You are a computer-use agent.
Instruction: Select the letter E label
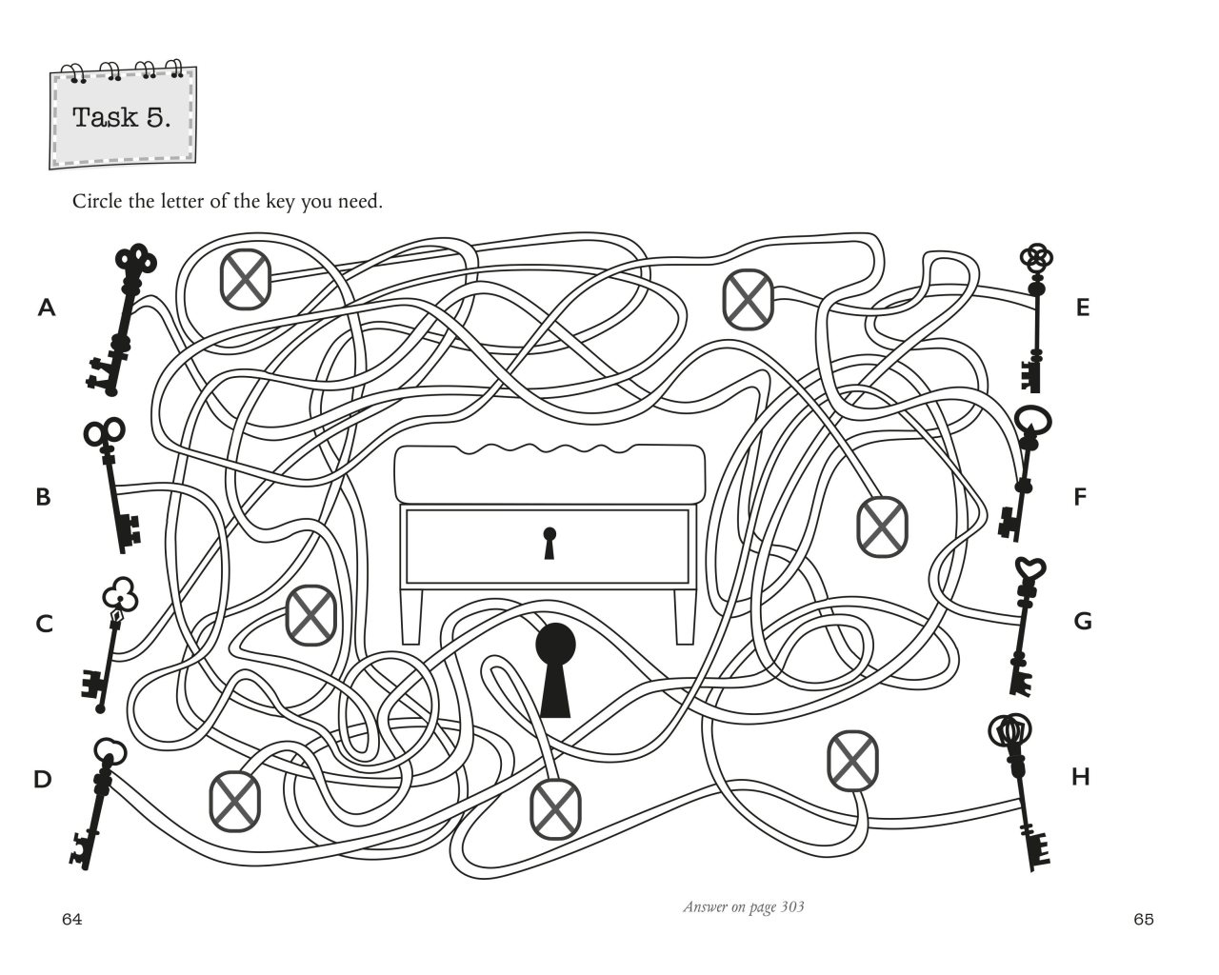(x=1082, y=308)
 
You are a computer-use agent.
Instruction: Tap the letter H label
(x=1080, y=777)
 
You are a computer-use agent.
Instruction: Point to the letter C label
(x=44, y=624)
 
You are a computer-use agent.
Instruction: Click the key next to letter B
(x=113, y=486)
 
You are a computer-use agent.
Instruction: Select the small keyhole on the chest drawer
(x=549, y=544)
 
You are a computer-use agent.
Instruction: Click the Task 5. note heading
(x=122, y=118)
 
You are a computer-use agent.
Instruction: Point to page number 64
(x=71, y=919)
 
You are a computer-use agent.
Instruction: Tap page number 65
(x=1144, y=919)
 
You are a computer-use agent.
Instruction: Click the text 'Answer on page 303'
(x=743, y=906)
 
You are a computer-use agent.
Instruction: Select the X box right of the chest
(x=882, y=526)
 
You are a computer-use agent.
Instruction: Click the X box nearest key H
(x=852, y=760)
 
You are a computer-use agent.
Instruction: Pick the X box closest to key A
(x=246, y=279)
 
